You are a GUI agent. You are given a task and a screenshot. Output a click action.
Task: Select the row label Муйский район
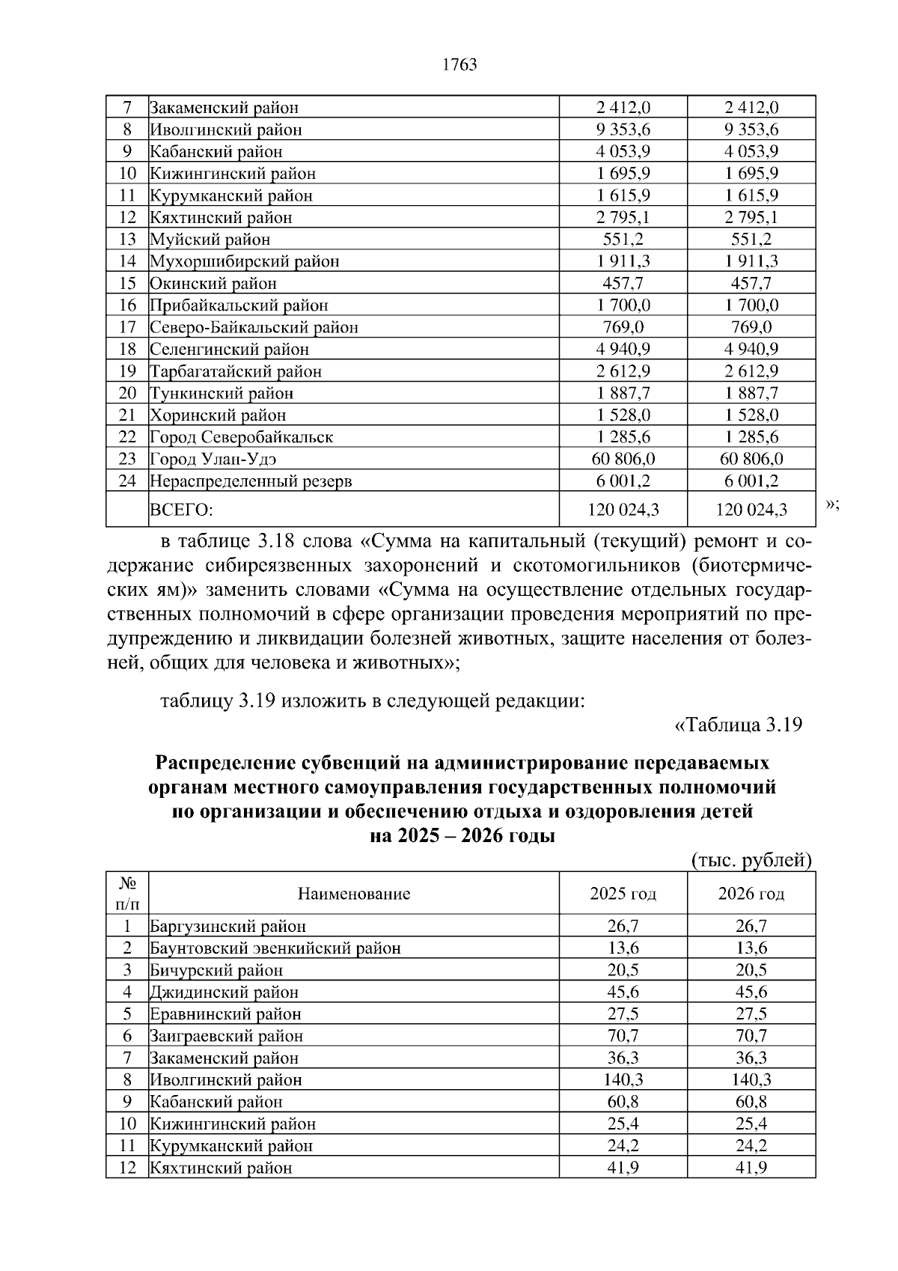click(x=210, y=240)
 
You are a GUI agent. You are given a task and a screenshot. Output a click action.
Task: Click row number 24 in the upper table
click(x=127, y=481)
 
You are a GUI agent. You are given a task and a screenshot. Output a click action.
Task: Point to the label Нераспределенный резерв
click(x=251, y=481)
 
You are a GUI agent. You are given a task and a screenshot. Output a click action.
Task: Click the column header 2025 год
click(x=623, y=894)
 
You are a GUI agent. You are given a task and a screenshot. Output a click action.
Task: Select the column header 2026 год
click(x=751, y=894)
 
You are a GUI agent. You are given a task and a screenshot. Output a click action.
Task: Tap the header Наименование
click(x=354, y=894)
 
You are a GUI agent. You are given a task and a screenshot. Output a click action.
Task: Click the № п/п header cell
click(x=127, y=893)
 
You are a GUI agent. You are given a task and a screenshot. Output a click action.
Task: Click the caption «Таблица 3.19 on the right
click(x=738, y=725)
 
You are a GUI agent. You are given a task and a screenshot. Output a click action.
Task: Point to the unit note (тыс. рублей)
click(x=751, y=861)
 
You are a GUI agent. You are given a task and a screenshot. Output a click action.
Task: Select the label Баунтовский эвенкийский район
click(x=275, y=948)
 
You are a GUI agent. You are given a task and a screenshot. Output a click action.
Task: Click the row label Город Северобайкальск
click(x=241, y=437)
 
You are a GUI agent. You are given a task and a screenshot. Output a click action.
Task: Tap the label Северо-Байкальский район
click(x=254, y=328)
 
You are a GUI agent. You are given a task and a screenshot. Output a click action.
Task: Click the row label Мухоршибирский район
click(x=245, y=262)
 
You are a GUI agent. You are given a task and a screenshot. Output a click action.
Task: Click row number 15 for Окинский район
click(x=127, y=284)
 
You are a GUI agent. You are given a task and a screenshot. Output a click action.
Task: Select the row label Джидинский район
click(x=224, y=993)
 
